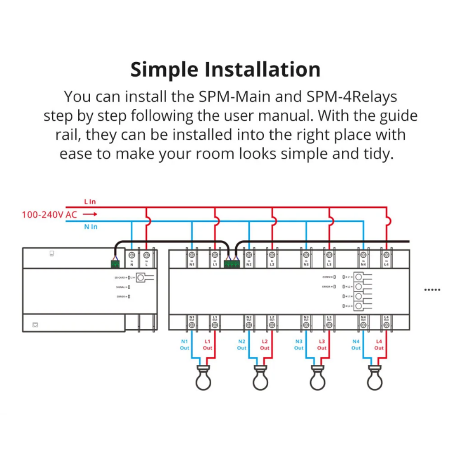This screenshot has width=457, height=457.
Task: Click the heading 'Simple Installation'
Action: coord(225,69)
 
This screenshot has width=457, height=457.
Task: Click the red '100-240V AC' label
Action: coord(50,215)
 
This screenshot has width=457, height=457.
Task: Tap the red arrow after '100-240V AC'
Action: coord(90,215)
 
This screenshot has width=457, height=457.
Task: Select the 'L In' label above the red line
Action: coord(90,202)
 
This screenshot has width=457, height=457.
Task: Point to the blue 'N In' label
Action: coord(91,227)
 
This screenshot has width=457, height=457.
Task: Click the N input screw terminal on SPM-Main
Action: coord(132,255)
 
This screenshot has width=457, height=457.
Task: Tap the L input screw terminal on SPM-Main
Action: coord(146,255)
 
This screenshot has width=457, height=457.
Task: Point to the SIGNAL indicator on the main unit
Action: coord(129,287)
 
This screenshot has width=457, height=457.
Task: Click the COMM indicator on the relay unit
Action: coord(334,277)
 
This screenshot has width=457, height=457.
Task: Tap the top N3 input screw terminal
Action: coord(306,255)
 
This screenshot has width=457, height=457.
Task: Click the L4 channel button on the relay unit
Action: coord(358,306)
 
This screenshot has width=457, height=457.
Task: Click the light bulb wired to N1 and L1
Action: coord(203,377)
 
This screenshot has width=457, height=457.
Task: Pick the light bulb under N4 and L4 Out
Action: coord(374,377)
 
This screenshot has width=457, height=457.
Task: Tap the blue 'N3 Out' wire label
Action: coord(299,344)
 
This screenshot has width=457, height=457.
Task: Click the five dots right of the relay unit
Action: coord(432,290)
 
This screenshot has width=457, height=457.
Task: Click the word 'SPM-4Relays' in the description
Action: coord(351,97)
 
